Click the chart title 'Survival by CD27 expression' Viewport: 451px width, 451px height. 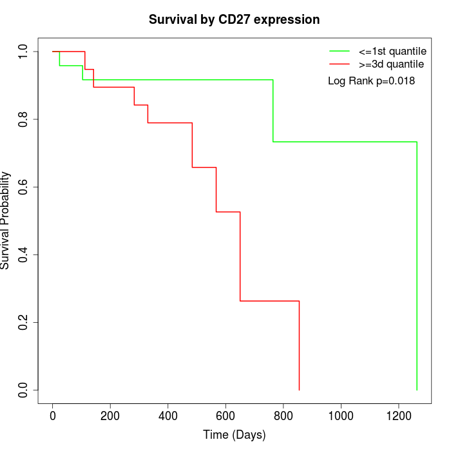(x=234, y=20)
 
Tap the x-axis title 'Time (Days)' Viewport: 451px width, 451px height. (x=234, y=435)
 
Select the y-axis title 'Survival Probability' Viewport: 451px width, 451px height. (x=6, y=220)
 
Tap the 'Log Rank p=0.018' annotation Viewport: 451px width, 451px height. (x=371, y=81)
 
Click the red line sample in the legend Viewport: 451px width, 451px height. (x=340, y=64)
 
